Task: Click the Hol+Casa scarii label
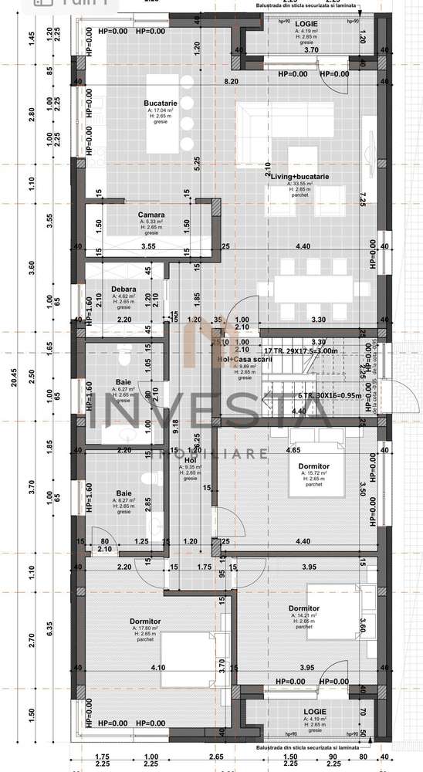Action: [244, 357]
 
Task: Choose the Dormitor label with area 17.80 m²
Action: [145, 621]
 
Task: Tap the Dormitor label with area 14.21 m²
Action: [304, 608]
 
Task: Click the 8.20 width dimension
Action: [231, 80]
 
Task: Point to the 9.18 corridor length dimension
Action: [176, 422]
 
